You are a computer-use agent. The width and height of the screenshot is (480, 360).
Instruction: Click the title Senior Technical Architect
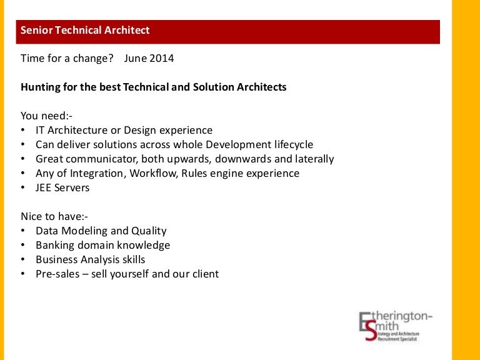coord(85,30)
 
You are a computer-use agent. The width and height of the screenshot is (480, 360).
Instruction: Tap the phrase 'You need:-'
coord(46,116)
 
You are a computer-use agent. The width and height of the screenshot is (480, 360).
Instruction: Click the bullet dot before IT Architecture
coord(23,130)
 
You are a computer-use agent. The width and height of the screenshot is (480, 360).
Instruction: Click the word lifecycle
coord(294,144)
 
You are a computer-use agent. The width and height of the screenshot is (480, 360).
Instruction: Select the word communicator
coord(102,159)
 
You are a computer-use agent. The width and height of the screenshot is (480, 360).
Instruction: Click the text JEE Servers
coord(62,187)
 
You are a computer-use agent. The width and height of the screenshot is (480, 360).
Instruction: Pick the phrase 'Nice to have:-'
coord(54,216)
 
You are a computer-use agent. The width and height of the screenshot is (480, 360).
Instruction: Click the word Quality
coord(149,231)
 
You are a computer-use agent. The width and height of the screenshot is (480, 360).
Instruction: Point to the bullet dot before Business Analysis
coord(23,259)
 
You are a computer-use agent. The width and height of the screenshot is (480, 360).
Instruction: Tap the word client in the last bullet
coord(206,274)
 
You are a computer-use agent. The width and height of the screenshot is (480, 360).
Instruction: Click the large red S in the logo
coord(371,331)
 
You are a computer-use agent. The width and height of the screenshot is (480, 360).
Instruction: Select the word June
coord(135,58)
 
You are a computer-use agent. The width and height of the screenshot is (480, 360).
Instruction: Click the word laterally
coord(314,159)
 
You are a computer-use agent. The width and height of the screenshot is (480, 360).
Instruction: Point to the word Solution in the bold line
coord(213,87)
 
